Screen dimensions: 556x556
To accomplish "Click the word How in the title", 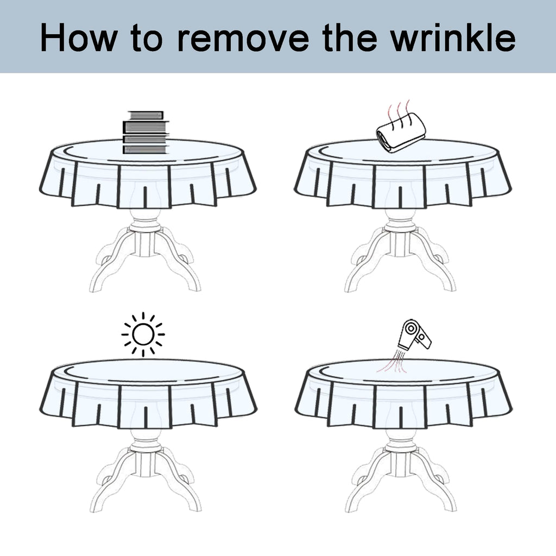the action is point(79,37).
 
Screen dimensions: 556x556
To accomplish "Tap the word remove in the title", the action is point(243,39).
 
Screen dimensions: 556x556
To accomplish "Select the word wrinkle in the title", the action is point(453,37).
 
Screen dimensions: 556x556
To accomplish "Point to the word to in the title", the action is point(147,39).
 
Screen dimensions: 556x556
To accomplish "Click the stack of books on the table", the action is point(146,132).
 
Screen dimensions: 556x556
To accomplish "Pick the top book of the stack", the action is point(146,115).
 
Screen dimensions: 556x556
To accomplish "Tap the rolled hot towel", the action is point(401,133).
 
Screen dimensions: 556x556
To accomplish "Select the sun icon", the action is point(143,334).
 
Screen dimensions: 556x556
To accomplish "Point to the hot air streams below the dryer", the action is point(395,362).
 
